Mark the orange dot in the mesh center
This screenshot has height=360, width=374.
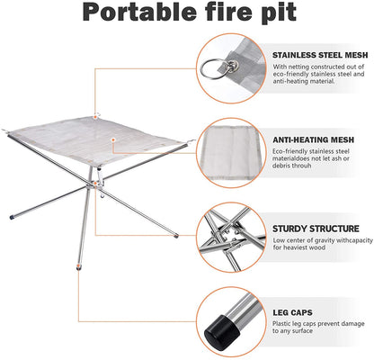coord(112,140)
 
